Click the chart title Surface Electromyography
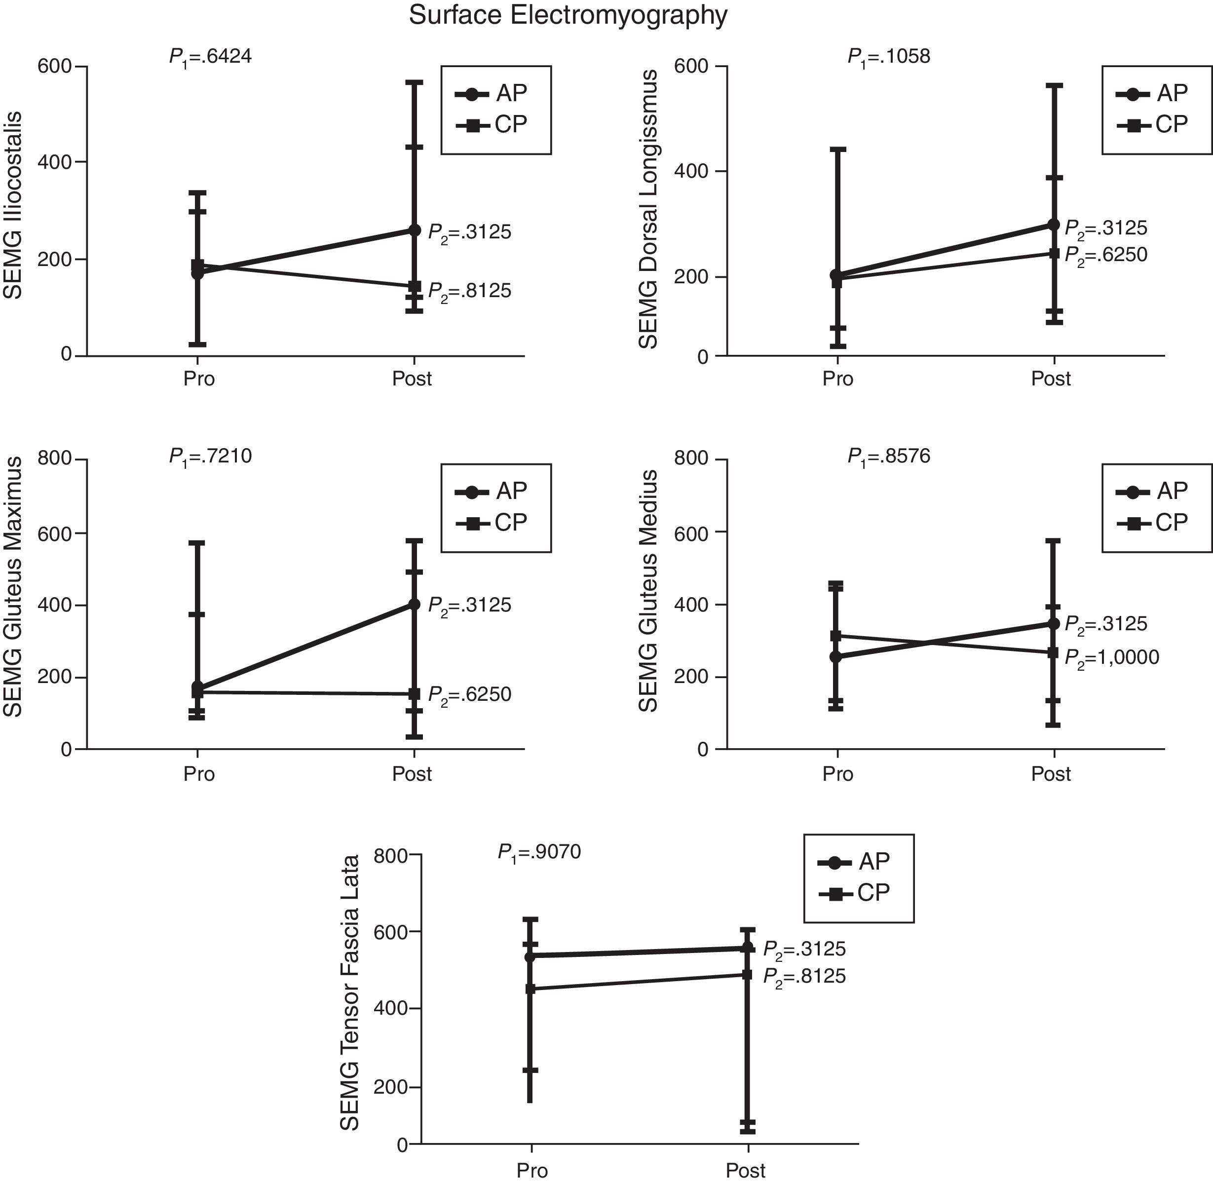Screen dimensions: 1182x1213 pos(568,15)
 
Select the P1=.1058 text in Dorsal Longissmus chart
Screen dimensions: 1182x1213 pos(888,57)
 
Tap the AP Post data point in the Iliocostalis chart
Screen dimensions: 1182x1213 pos(414,230)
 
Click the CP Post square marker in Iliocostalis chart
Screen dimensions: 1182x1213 pos(414,286)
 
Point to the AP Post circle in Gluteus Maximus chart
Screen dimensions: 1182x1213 pos(414,604)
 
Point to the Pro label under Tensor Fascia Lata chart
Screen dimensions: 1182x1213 pos(532,1170)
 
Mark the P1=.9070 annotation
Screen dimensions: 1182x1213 pos(539,852)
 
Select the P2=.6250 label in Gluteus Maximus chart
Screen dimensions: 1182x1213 pos(470,694)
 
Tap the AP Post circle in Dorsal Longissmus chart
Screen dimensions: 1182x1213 pos(1054,225)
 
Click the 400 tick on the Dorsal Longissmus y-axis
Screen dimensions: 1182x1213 pos(691,171)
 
